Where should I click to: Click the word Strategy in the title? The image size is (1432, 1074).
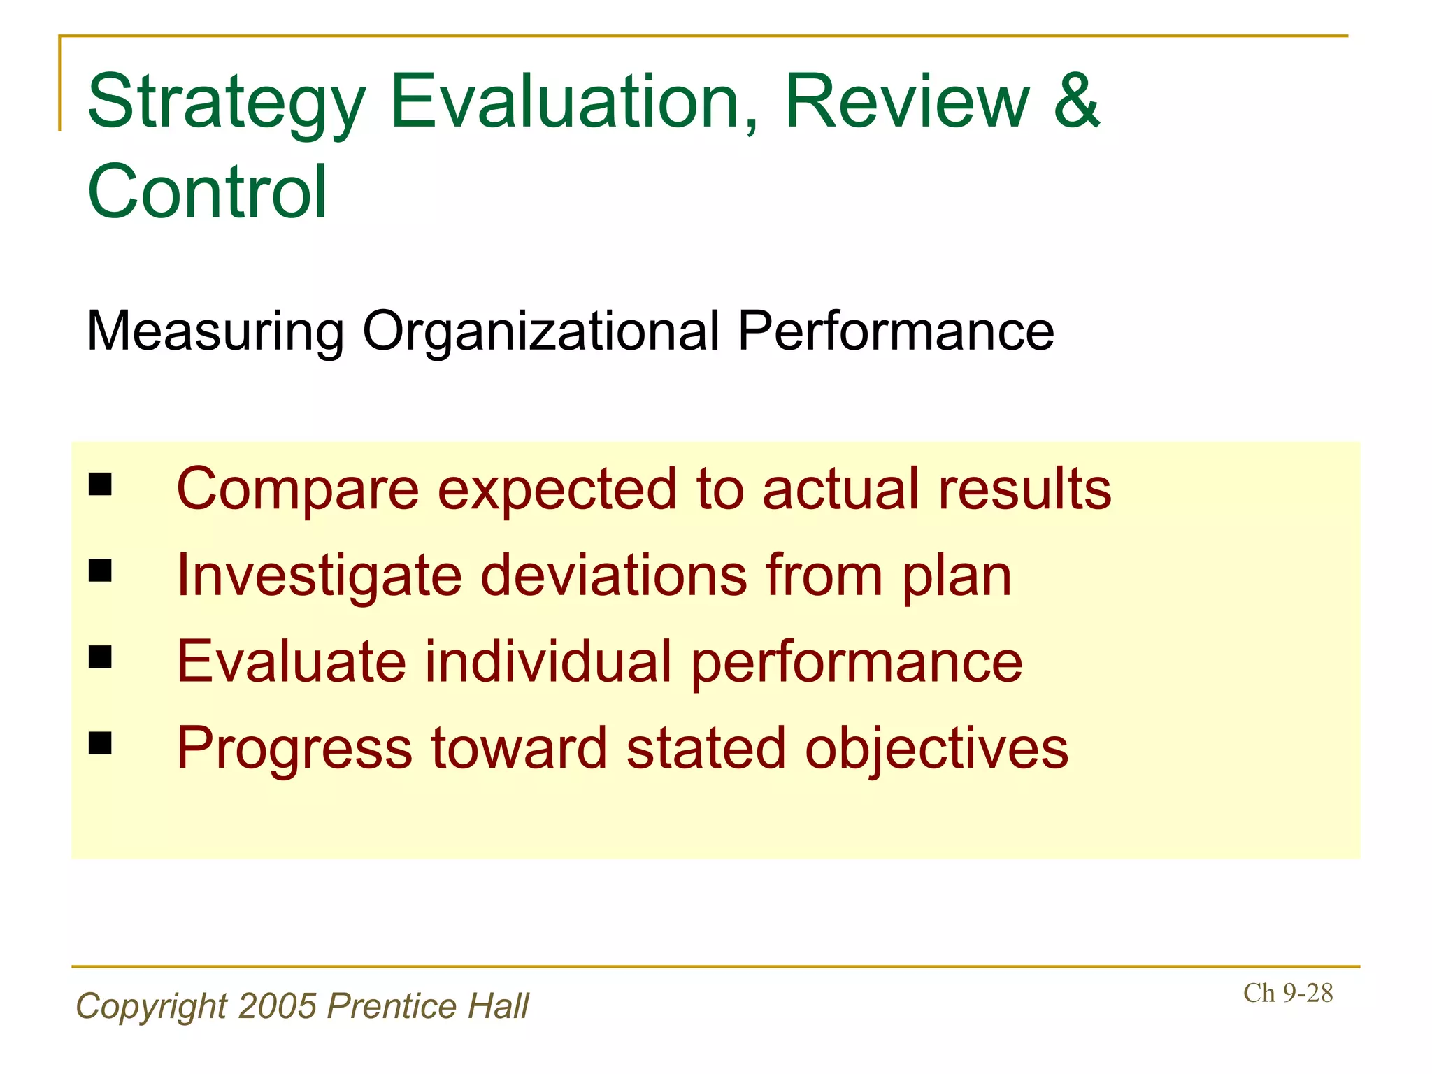tap(226, 105)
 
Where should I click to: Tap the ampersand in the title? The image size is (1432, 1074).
tap(1077, 101)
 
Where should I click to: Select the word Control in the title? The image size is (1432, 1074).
tap(207, 192)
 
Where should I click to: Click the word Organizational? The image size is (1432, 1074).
tap(540, 331)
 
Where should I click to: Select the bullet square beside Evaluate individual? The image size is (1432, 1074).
tap(101, 657)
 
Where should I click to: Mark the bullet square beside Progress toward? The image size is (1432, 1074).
tap(101, 744)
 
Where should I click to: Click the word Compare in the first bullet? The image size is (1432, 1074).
tap(298, 489)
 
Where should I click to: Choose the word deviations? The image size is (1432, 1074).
tap(614, 575)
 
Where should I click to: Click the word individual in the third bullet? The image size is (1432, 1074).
tap(548, 661)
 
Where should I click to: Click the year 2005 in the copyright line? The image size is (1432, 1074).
tap(278, 1006)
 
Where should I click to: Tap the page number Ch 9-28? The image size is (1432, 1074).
tap(1287, 993)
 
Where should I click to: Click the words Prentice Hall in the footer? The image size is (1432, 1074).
tap(428, 1006)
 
